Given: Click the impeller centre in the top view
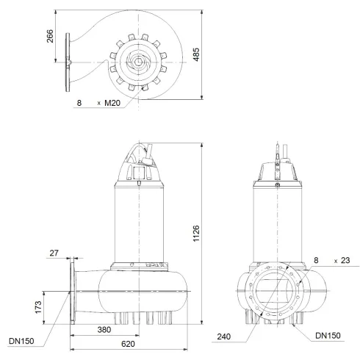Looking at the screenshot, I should [137, 63].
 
